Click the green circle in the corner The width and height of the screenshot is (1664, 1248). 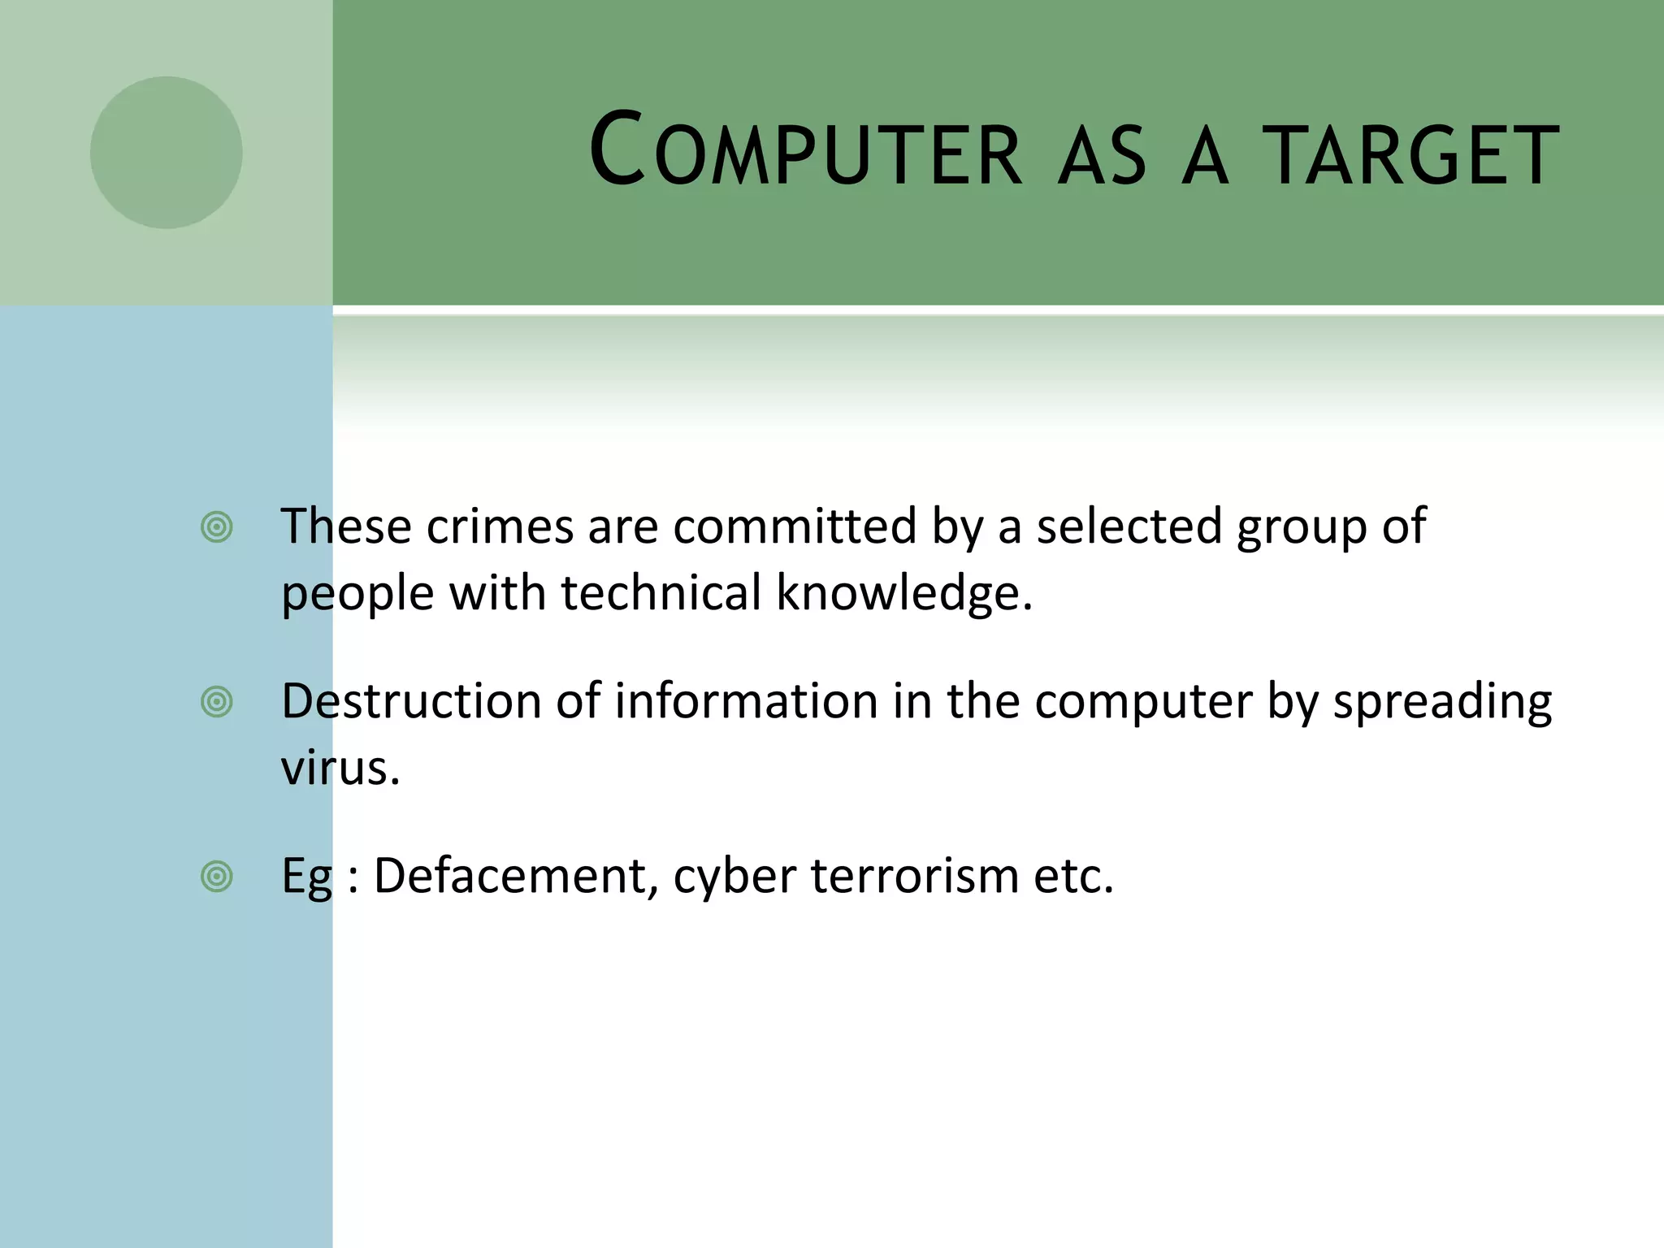click(x=166, y=153)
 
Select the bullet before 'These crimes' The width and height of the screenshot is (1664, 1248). click(x=216, y=527)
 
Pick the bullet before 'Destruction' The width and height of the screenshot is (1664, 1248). click(x=216, y=702)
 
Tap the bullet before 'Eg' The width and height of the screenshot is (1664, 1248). click(x=216, y=877)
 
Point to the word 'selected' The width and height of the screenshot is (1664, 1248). click(x=1129, y=526)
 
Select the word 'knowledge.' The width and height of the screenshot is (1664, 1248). click(x=903, y=593)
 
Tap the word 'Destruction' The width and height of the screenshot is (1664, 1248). click(x=410, y=701)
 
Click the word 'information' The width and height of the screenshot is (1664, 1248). click(x=746, y=701)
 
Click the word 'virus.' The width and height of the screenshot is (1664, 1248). click(x=340, y=768)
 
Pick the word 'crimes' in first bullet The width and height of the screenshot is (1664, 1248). click(x=500, y=526)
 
